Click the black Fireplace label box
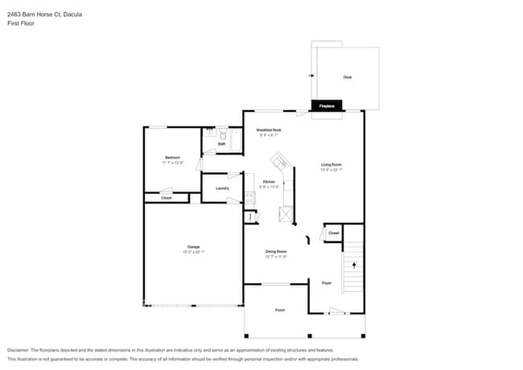327,105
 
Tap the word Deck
347,77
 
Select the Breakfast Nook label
268,129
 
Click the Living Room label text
332,165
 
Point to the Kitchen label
269,182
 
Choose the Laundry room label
222,188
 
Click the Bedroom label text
172,157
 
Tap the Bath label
221,144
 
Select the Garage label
193,246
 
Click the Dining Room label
276,252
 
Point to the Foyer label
327,283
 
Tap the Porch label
280,310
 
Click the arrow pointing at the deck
311,76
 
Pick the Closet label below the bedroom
166,197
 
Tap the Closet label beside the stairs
333,233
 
